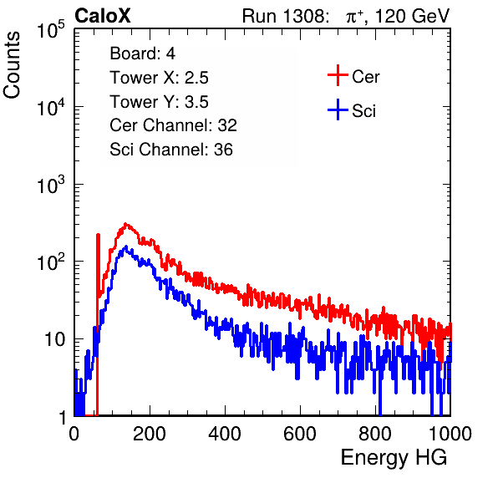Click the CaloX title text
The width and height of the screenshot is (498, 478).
coord(103,16)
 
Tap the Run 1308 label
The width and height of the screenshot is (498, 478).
coord(285,16)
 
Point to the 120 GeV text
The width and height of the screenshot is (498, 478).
coord(412,16)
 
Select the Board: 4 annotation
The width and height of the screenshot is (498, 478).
coord(143,53)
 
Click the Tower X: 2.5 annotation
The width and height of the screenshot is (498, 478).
coord(159,78)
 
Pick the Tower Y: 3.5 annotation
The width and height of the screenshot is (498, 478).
coord(159,102)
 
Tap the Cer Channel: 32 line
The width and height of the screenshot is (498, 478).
coord(174,125)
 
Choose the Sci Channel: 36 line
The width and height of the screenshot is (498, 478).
coord(171,150)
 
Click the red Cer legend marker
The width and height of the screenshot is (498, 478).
coord(338,75)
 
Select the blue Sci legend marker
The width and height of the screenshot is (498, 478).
coord(338,110)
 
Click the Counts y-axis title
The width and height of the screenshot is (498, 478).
coord(12,65)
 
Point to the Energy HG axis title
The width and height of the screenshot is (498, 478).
coord(394,457)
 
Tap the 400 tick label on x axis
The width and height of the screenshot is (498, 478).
coord(225,434)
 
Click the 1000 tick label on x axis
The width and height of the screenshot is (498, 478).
coord(450,434)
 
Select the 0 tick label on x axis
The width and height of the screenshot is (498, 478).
coord(74,434)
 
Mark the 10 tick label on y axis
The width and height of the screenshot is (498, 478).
coord(54,339)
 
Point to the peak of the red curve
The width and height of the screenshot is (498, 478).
coord(126,224)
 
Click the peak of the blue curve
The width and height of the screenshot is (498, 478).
coord(126,247)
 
